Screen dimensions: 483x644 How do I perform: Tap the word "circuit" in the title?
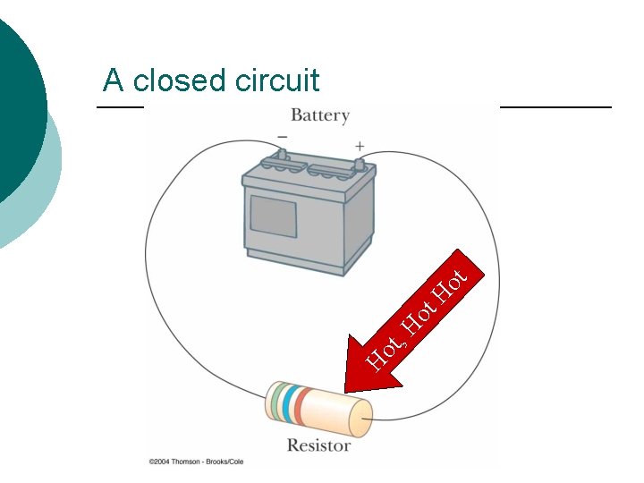[x=277, y=80]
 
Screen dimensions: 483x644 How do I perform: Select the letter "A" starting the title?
[x=113, y=80]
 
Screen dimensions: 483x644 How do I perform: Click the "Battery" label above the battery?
[x=319, y=115]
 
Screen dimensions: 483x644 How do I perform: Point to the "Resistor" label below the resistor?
[x=318, y=445]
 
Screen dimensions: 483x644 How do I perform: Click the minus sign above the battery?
[x=282, y=137]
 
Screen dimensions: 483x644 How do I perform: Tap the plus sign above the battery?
[x=360, y=145]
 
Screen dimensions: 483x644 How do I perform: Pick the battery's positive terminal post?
[x=359, y=165]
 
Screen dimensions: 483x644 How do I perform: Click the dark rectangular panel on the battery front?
[x=273, y=216]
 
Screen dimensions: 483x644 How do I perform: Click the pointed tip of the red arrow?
[x=347, y=390]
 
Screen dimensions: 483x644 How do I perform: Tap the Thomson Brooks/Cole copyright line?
[x=196, y=462]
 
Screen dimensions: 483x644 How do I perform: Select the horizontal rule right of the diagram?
[x=555, y=106]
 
